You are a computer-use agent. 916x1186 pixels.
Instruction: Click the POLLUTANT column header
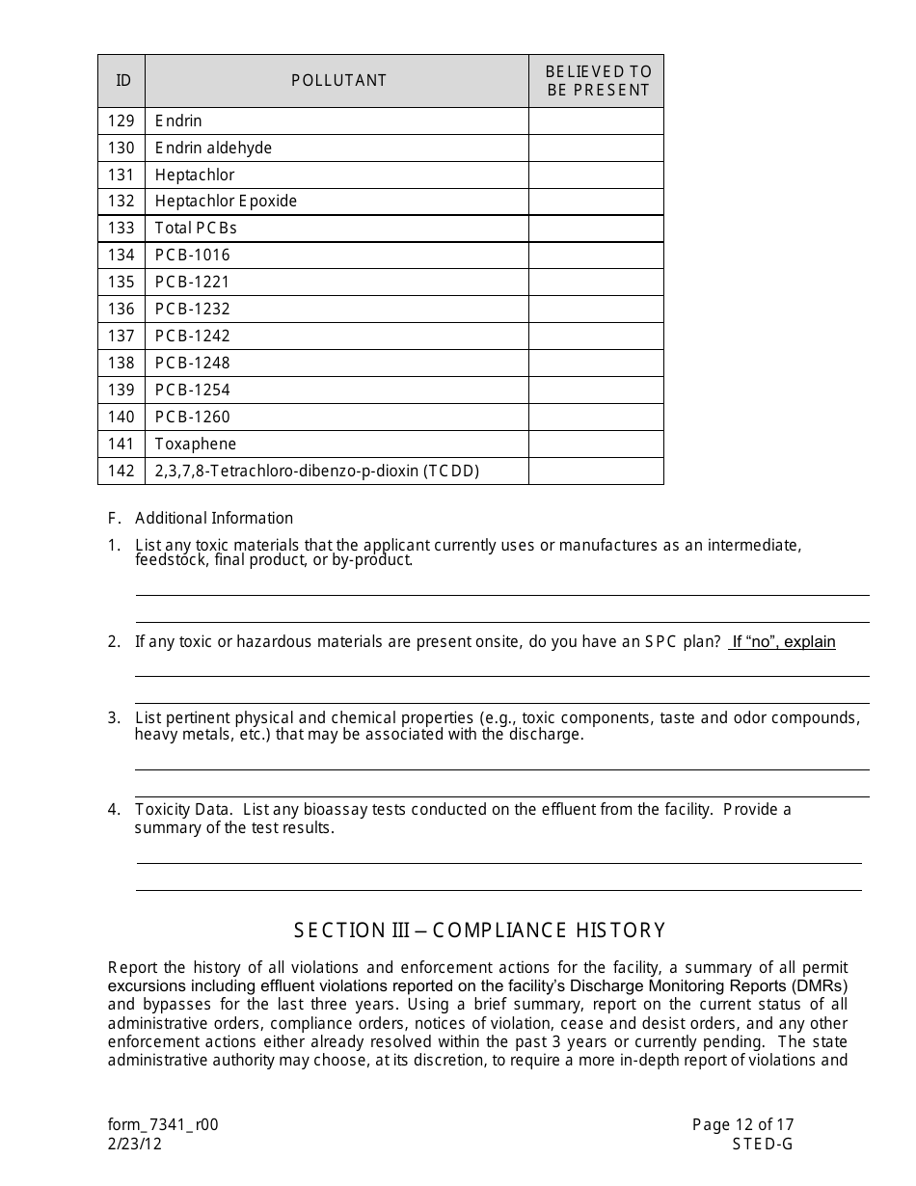pos(338,81)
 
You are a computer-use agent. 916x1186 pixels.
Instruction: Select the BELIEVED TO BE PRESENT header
pos(598,81)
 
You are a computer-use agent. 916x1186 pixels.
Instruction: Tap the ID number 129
pos(121,121)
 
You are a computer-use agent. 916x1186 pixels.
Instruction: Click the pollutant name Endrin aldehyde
pos(213,148)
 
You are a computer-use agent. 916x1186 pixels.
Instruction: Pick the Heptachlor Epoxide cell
pos(226,202)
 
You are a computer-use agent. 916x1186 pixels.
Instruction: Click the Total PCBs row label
pos(196,229)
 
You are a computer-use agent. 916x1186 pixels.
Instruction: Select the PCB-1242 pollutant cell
pos(192,337)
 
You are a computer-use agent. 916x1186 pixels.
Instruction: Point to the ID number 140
pos(121,418)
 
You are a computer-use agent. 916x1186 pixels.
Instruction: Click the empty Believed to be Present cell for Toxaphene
pos(596,445)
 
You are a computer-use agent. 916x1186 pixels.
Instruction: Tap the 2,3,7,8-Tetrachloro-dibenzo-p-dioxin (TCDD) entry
pos(317,472)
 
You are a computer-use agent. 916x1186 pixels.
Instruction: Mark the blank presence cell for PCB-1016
pos(596,256)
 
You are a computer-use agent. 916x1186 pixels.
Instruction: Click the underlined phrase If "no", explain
pos(782,642)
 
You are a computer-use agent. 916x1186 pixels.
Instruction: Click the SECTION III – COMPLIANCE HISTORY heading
pos(479,930)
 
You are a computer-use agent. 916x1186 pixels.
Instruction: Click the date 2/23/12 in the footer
pos(135,1144)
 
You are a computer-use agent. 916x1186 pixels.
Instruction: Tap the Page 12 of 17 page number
pos(742,1124)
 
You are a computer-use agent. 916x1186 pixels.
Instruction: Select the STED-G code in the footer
pos(762,1144)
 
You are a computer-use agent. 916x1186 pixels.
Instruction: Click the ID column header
pos(123,81)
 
